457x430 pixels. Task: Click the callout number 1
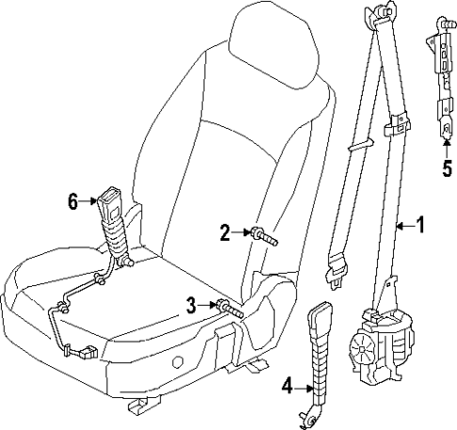421,225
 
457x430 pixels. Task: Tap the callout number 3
192,305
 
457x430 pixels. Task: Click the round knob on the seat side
176,362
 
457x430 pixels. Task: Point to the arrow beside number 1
402,225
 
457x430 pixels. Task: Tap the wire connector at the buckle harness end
88,352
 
